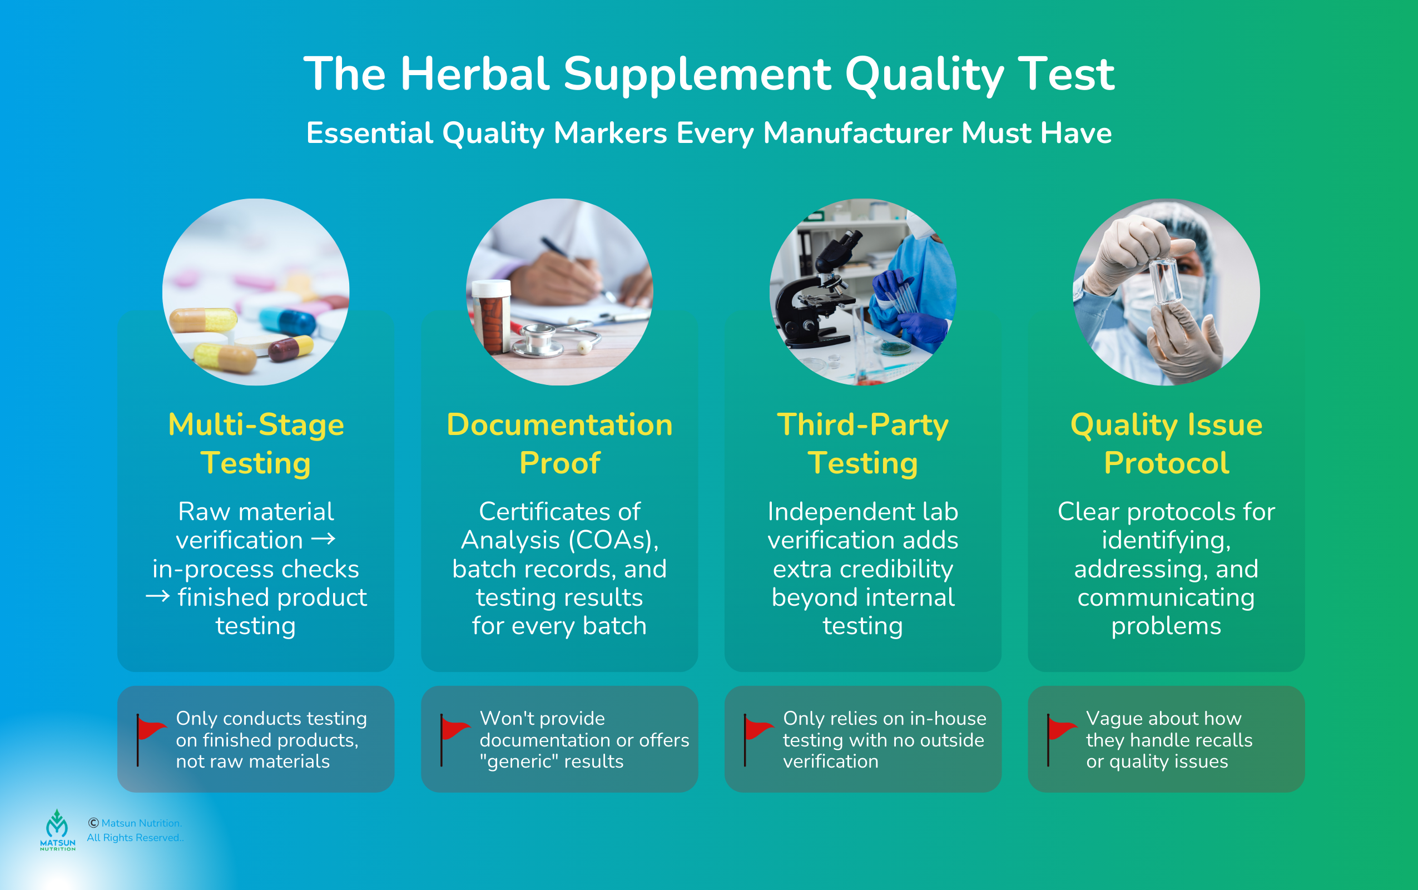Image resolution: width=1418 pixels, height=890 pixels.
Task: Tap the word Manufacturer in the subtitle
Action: tap(857, 133)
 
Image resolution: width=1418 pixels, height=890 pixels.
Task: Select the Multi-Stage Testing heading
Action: tap(256, 443)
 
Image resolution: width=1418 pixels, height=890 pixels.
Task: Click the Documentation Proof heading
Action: tap(559, 443)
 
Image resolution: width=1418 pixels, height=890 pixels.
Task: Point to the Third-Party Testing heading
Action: tap(862, 443)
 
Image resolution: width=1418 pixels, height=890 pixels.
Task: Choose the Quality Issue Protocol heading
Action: tap(1166, 443)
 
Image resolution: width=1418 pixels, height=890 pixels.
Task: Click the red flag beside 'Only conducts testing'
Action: tap(151, 740)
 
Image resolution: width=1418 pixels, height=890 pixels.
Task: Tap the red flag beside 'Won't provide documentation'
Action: tap(455, 740)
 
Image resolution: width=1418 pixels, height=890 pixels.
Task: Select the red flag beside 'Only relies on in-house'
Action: tap(758, 740)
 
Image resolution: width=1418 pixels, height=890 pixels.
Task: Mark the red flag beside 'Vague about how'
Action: tap(1062, 740)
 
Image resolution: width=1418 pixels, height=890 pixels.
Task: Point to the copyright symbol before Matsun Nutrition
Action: tap(93, 823)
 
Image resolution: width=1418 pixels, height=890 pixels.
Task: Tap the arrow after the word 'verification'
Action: tap(323, 538)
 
